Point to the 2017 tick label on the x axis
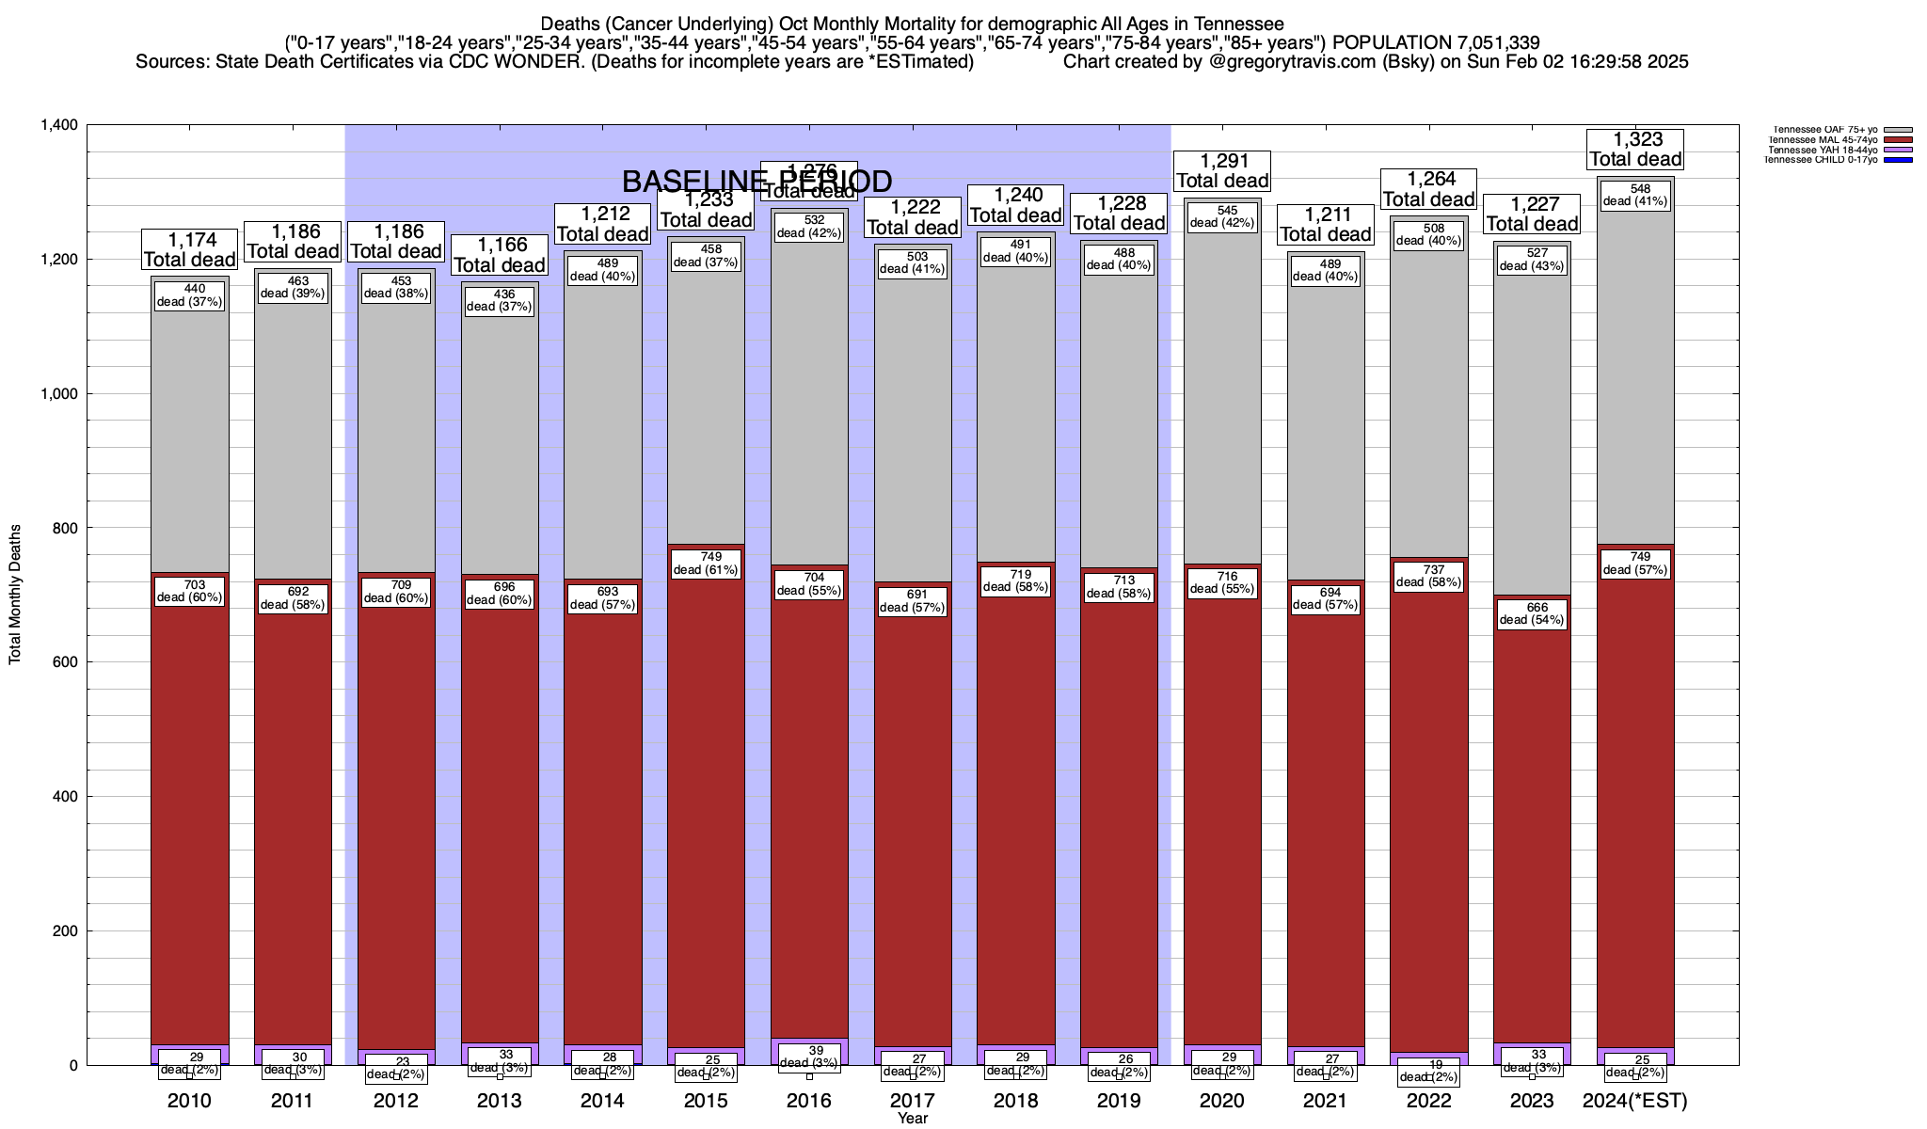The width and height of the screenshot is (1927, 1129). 913,1100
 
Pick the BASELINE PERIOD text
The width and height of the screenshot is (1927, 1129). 756,181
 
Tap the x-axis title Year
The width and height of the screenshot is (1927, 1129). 913,1119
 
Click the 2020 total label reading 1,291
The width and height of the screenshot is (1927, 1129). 1222,170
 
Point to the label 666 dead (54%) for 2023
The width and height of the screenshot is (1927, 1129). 1532,613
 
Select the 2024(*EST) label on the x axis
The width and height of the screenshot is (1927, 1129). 1635,1101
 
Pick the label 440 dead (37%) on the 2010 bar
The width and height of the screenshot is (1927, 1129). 189,295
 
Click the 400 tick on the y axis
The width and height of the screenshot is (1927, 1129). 63,797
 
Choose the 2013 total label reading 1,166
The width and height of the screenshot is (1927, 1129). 499,255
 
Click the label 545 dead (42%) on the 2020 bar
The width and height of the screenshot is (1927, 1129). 1222,216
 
